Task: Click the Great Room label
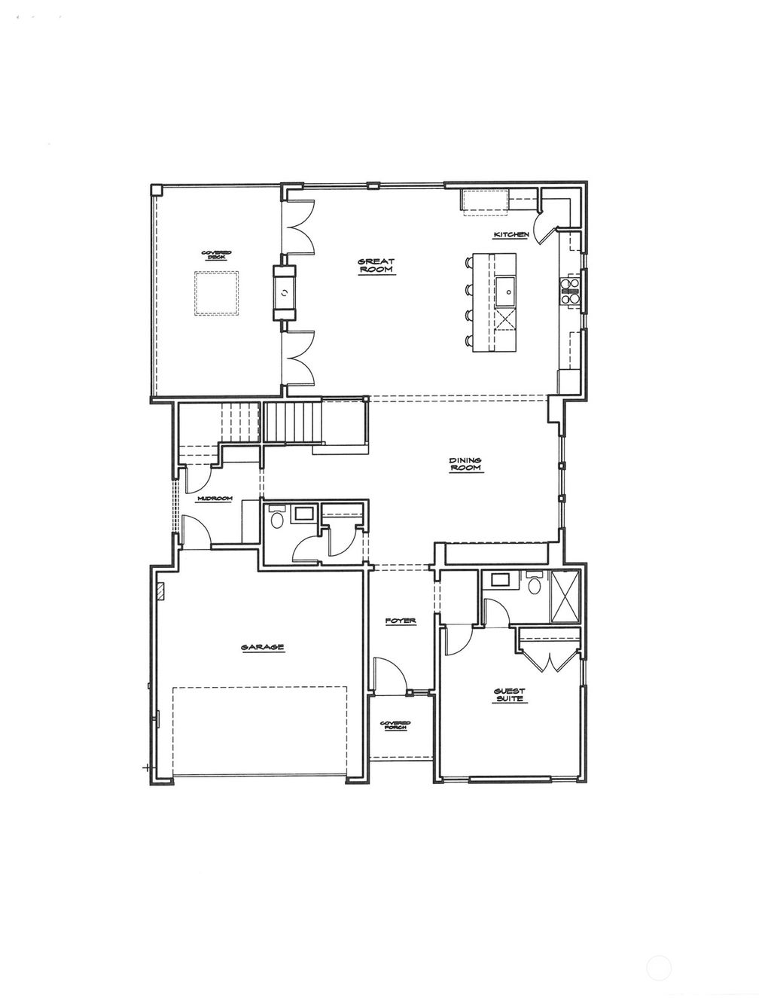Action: coord(376,265)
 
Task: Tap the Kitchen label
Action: coord(511,235)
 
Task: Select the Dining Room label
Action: coord(465,464)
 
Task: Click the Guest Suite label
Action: coord(510,694)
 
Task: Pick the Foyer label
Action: coord(401,621)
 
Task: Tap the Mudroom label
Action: coord(215,499)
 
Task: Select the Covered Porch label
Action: coord(401,725)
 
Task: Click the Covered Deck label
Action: coord(216,255)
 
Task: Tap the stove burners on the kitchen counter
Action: coord(570,291)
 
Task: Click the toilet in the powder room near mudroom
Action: coord(277,519)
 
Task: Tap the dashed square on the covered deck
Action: coord(217,293)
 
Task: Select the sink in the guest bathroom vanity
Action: coord(499,580)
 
